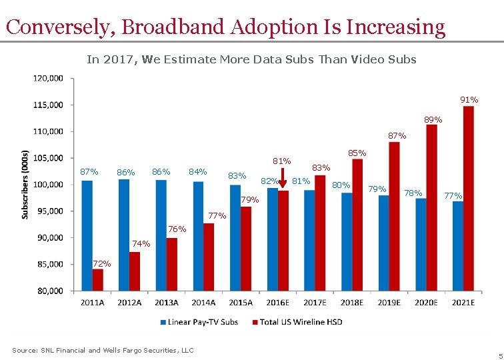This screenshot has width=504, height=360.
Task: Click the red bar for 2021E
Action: (x=469, y=199)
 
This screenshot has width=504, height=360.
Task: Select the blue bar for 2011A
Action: (x=87, y=235)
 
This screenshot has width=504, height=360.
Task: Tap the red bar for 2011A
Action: (x=98, y=280)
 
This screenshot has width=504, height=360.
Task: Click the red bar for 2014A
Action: (x=209, y=257)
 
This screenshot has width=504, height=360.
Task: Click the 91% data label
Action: (x=469, y=100)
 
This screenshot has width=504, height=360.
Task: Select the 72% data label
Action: (x=102, y=264)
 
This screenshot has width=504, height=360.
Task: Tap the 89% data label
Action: (x=433, y=120)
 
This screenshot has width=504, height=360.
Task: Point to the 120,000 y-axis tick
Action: (x=49, y=78)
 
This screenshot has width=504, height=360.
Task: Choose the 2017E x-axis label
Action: (x=315, y=302)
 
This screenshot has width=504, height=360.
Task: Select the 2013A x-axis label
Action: (x=166, y=302)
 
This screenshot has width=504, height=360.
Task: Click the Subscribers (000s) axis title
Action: (x=25, y=183)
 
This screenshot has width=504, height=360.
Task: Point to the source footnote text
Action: (x=103, y=350)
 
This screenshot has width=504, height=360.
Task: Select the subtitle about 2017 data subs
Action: (x=251, y=59)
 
